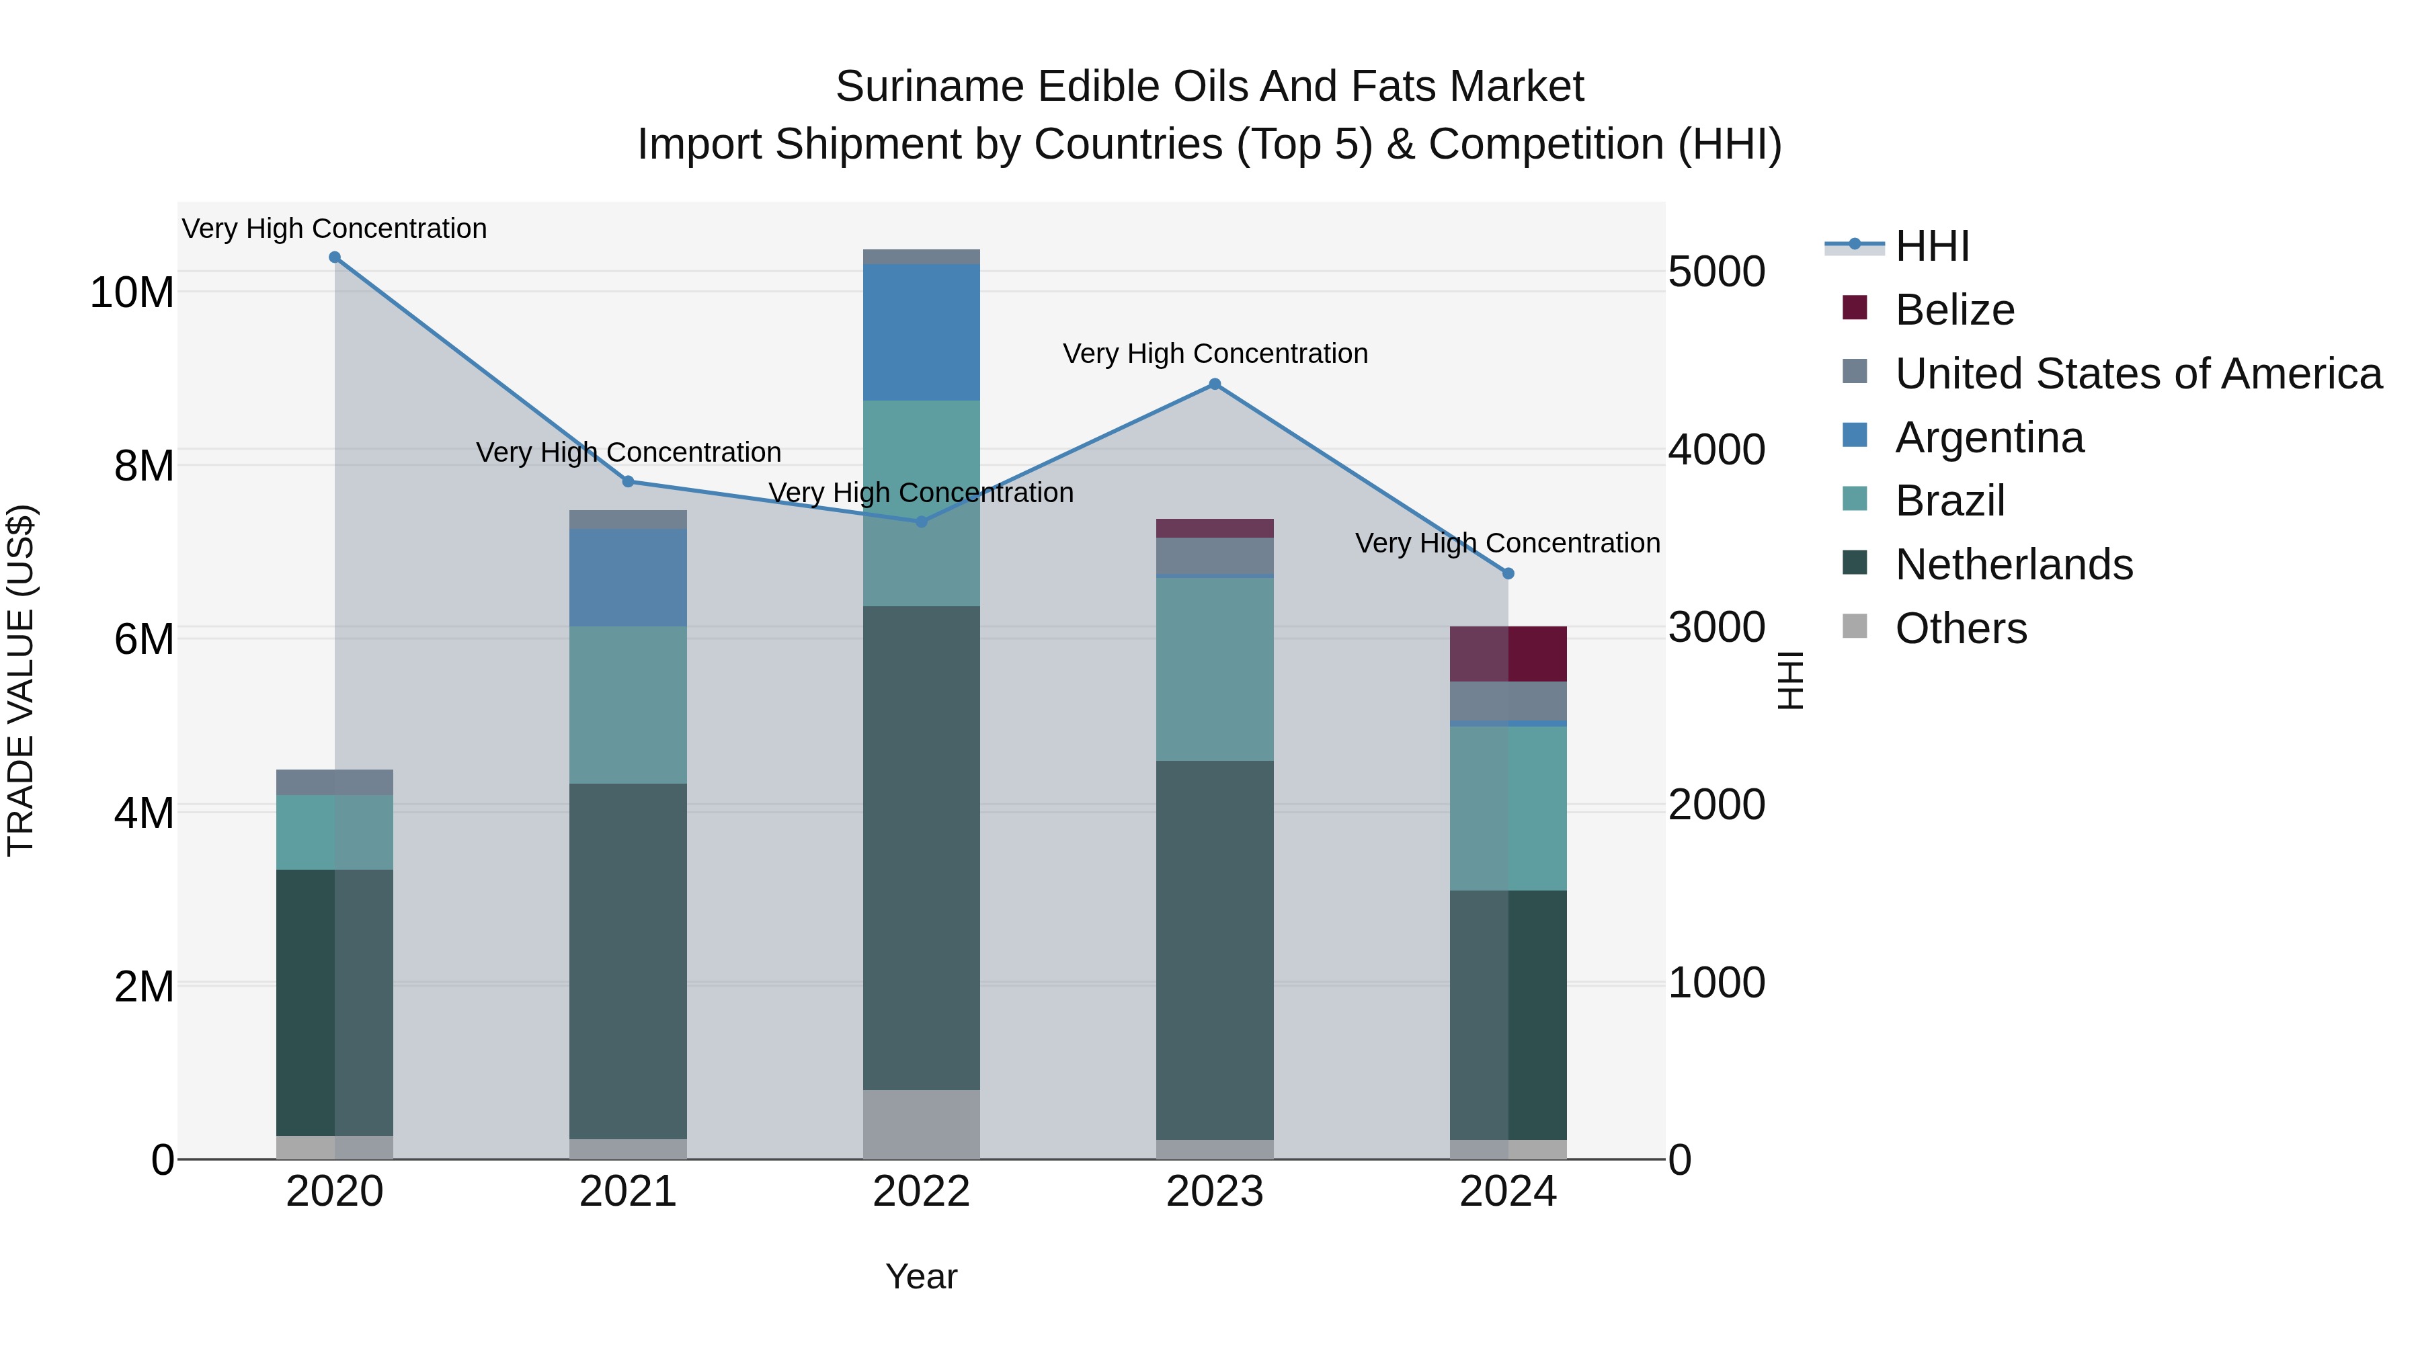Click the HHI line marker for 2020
pyautogui.click(x=335, y=257)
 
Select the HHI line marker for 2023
pyautogui.click(x=1215, y=384)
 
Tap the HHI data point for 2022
pyautogui.click(x=922, y=522)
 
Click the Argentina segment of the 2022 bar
pyautogui.click(x=922, y=333)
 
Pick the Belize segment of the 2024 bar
pyautogui.click(x=1508, y=654)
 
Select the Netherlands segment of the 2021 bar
pyautogui.click(x=629, y=961)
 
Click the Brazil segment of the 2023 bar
pyautogui.click(x=1215, y=669)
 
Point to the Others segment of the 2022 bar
pyautogui.click(x=922, y=1124)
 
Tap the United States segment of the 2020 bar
pyautogui.click(x=335, y=782)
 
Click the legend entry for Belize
pyautogui.click(x=1955, y=310)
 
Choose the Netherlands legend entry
pyautogui.click(x=2014, y=565)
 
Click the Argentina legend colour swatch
pyautogui.click(x=1855, y=436)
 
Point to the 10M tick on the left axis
pyautogui.click(x=132, y=292)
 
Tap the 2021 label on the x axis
pyautogui.click(x=629, y=1192)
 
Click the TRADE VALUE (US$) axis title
pyautogui.click(x=21, y=680)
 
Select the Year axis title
pyautogui.click(x=922, y=1276)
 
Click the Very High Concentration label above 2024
pyautogui.click(x=1508, y=543)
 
